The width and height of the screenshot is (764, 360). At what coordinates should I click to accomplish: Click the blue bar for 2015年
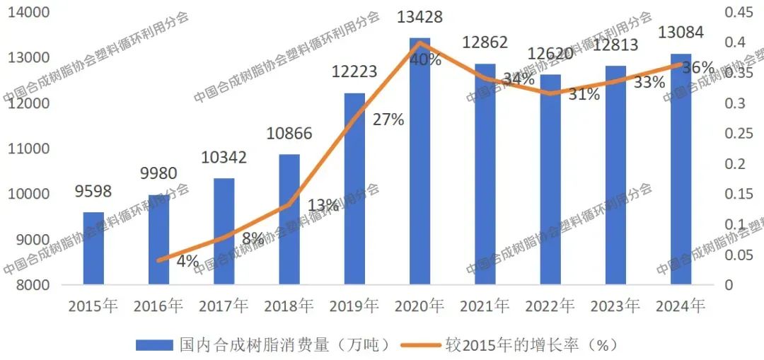[93, 248]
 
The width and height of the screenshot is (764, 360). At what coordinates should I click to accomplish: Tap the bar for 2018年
[289, 219]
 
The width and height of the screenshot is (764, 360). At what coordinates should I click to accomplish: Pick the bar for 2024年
[681, 169]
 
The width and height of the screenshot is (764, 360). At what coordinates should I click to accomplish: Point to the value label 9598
[93, 192]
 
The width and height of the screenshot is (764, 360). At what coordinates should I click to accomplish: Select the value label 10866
[289, 134]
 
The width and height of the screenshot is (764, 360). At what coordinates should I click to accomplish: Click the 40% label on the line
[426, 59]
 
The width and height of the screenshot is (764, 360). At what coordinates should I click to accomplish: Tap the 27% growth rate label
[388, 120]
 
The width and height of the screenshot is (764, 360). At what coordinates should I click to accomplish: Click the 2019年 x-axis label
[354, 306]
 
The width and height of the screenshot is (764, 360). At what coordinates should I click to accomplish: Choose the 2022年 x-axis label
[550, 306]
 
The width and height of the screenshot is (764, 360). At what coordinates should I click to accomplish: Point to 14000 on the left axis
[29, 12]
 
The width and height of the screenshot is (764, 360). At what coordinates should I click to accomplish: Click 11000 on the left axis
[29, 149]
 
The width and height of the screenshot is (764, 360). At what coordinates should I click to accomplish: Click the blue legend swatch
[154, 344]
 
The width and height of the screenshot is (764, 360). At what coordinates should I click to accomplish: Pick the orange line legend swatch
[419, 344]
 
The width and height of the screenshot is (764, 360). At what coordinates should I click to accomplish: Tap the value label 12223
[354, 71]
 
